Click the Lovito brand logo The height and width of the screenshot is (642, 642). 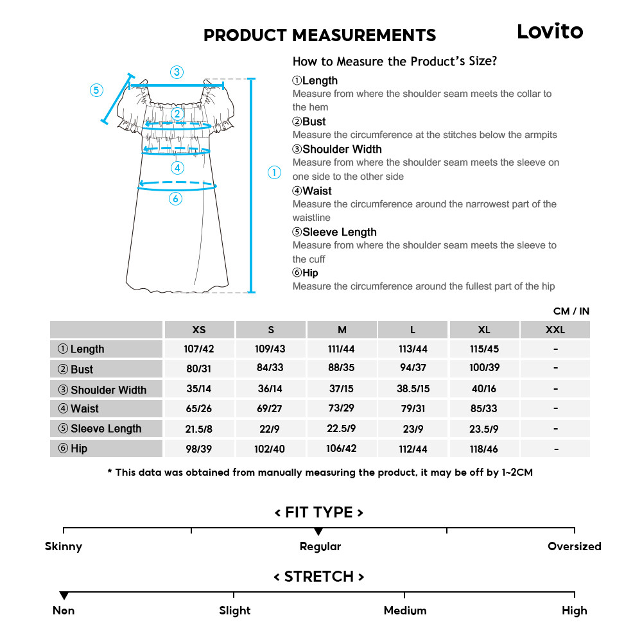(x=550, y=31)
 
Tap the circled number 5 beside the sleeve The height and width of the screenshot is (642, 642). (x=96, y=90)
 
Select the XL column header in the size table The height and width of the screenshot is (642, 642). (x=484, y=330)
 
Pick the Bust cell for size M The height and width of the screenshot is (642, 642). (x=342, y=369)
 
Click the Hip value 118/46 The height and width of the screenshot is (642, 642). (x=484, y=449)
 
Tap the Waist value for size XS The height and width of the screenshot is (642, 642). (x=199, y=409)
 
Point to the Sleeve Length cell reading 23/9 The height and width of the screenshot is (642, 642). (x=413, y=429)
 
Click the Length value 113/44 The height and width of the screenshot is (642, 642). (x=413, y=349)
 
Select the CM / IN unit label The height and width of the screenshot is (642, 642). (x=571, y=311)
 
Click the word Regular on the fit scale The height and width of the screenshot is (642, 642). (x=320, y=546)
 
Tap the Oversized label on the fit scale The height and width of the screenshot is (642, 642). (x=574, y=546)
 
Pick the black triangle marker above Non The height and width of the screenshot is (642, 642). (x=64, y=596)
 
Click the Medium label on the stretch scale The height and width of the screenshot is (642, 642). (x=404, y=611)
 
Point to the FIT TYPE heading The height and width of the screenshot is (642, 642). (x=319, y=512)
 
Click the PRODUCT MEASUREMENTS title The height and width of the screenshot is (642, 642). (x=319, y=35)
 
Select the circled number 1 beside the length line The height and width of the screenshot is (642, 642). (x=274, y=172)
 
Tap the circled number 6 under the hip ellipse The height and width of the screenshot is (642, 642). (x=175, y=199)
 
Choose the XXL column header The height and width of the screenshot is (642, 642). (x=555, y=330)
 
